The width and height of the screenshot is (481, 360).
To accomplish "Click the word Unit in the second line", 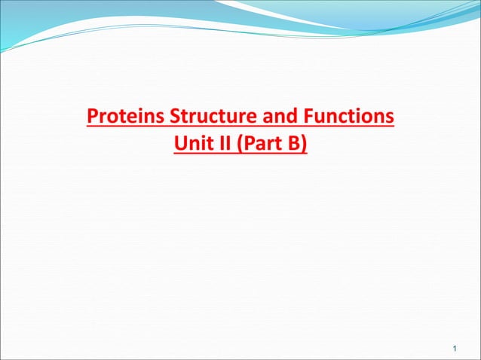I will tap(191, 143).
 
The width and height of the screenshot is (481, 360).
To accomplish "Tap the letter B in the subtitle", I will tap(294, 143).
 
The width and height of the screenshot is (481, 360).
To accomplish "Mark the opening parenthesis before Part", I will tap(241, 143).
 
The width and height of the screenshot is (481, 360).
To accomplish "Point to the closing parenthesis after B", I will tap(304, 143).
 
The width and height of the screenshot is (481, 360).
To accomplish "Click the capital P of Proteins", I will tap(93, 118).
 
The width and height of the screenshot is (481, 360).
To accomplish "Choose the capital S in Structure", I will tap(176, 118).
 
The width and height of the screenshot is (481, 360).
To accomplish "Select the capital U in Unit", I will tap(180, 143).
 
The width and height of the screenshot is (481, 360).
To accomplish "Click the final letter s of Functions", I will tap(390, 119).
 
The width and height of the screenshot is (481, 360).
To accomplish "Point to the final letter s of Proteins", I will tap(162, 119).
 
